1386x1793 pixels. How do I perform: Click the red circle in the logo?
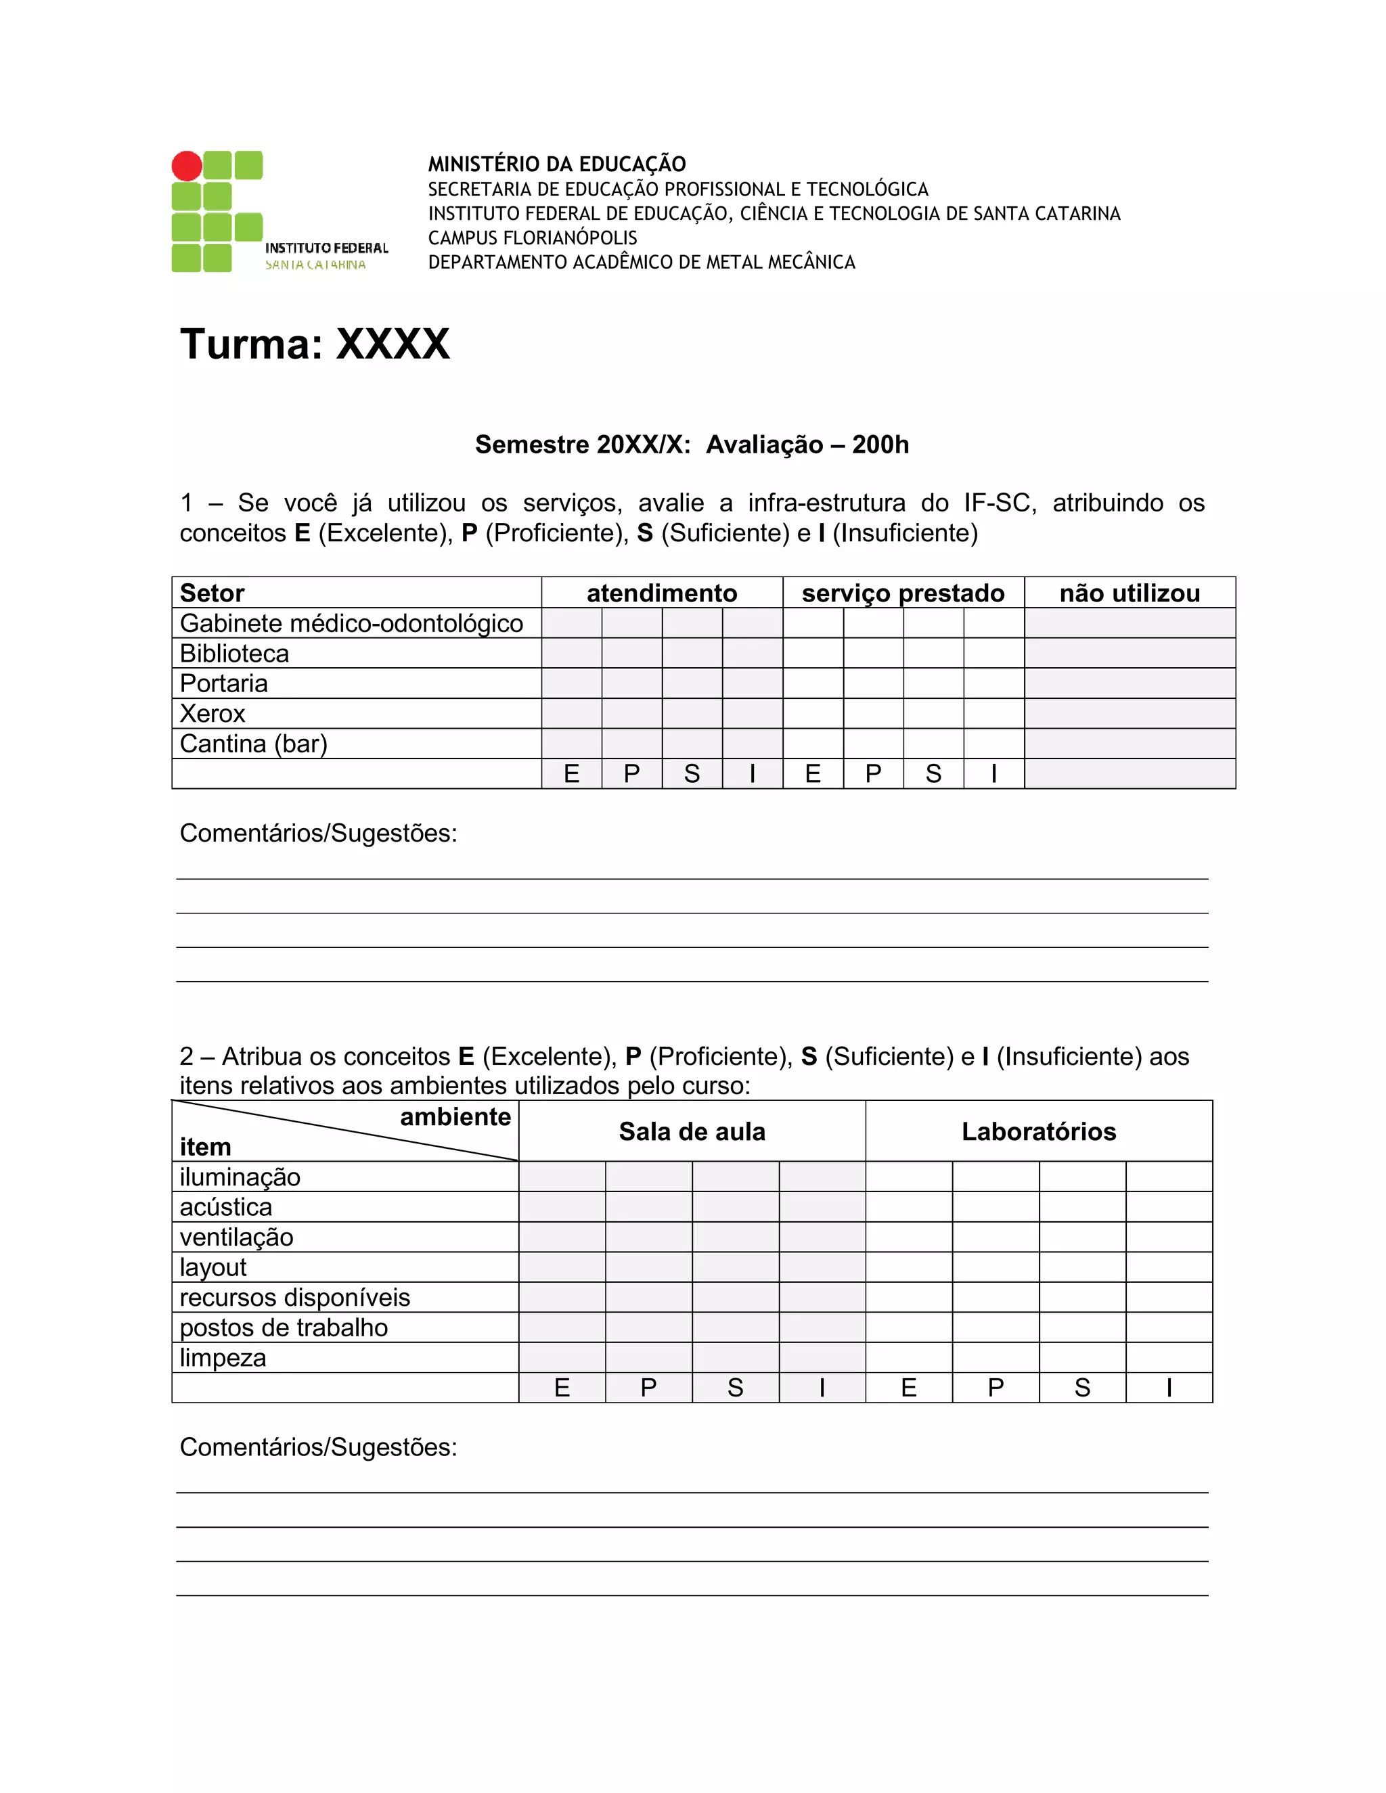tap(186, 166)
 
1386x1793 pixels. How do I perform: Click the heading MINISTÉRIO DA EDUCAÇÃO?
tap(557, 164)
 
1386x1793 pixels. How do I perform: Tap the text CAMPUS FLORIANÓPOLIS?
tap(532, 238)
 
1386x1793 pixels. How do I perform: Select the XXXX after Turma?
tap(393, 344)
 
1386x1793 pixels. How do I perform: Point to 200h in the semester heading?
tap(880, 445)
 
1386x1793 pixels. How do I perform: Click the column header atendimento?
tap(662, 593)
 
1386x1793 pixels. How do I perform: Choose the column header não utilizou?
tap(1129, 593)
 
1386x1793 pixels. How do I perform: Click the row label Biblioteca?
tap(235, 654)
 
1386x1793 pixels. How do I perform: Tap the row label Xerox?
tap(213, 713)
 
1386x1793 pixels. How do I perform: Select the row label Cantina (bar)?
tap(254, 744)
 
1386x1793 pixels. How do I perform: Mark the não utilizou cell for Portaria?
tap(1129, 683)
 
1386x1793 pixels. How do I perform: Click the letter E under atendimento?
tap(571, 773)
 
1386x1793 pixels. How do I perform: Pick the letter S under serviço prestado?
tap(933, 773)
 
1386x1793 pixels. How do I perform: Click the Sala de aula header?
tap(692, 1131)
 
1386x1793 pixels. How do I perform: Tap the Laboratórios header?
tap(1039, 1131)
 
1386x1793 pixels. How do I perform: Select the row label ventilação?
tap(236, 1238)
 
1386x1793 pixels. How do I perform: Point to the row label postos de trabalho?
tap(284, 1327)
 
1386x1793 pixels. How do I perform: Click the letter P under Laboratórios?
tap(996, 1388)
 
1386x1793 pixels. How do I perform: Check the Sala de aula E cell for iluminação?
tap(562, 1177)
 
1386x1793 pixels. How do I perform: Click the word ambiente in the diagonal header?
tap(455, 1116)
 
